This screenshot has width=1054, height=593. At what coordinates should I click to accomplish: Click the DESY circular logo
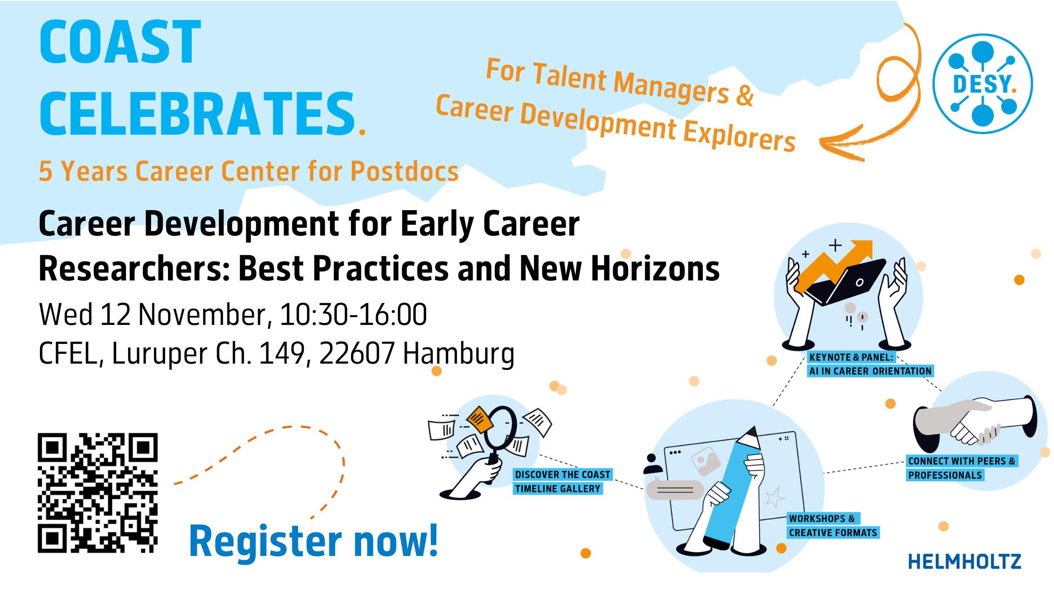point(982,84)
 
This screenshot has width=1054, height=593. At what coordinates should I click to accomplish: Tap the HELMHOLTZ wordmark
point(965,561)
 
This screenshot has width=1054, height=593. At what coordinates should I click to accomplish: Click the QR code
point(98,493)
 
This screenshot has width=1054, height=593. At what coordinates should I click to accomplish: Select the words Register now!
point(313,541)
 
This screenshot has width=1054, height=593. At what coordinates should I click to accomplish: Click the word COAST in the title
point(120,42)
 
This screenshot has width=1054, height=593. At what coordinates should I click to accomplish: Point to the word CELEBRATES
point(197,114)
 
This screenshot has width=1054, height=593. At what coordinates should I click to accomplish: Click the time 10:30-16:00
point(353,315)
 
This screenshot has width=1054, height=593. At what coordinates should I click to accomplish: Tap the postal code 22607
point(357,353)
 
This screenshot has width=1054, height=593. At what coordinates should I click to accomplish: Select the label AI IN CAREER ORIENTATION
point(870,371)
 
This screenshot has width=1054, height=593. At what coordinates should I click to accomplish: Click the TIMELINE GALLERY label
point(557,489)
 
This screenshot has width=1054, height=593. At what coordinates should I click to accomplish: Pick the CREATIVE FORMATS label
point(833,533)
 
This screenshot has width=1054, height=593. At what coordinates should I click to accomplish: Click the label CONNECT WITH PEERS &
point(962,461)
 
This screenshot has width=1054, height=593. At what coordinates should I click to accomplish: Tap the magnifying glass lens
point(500,427)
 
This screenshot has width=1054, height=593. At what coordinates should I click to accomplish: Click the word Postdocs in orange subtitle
point(404,171)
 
